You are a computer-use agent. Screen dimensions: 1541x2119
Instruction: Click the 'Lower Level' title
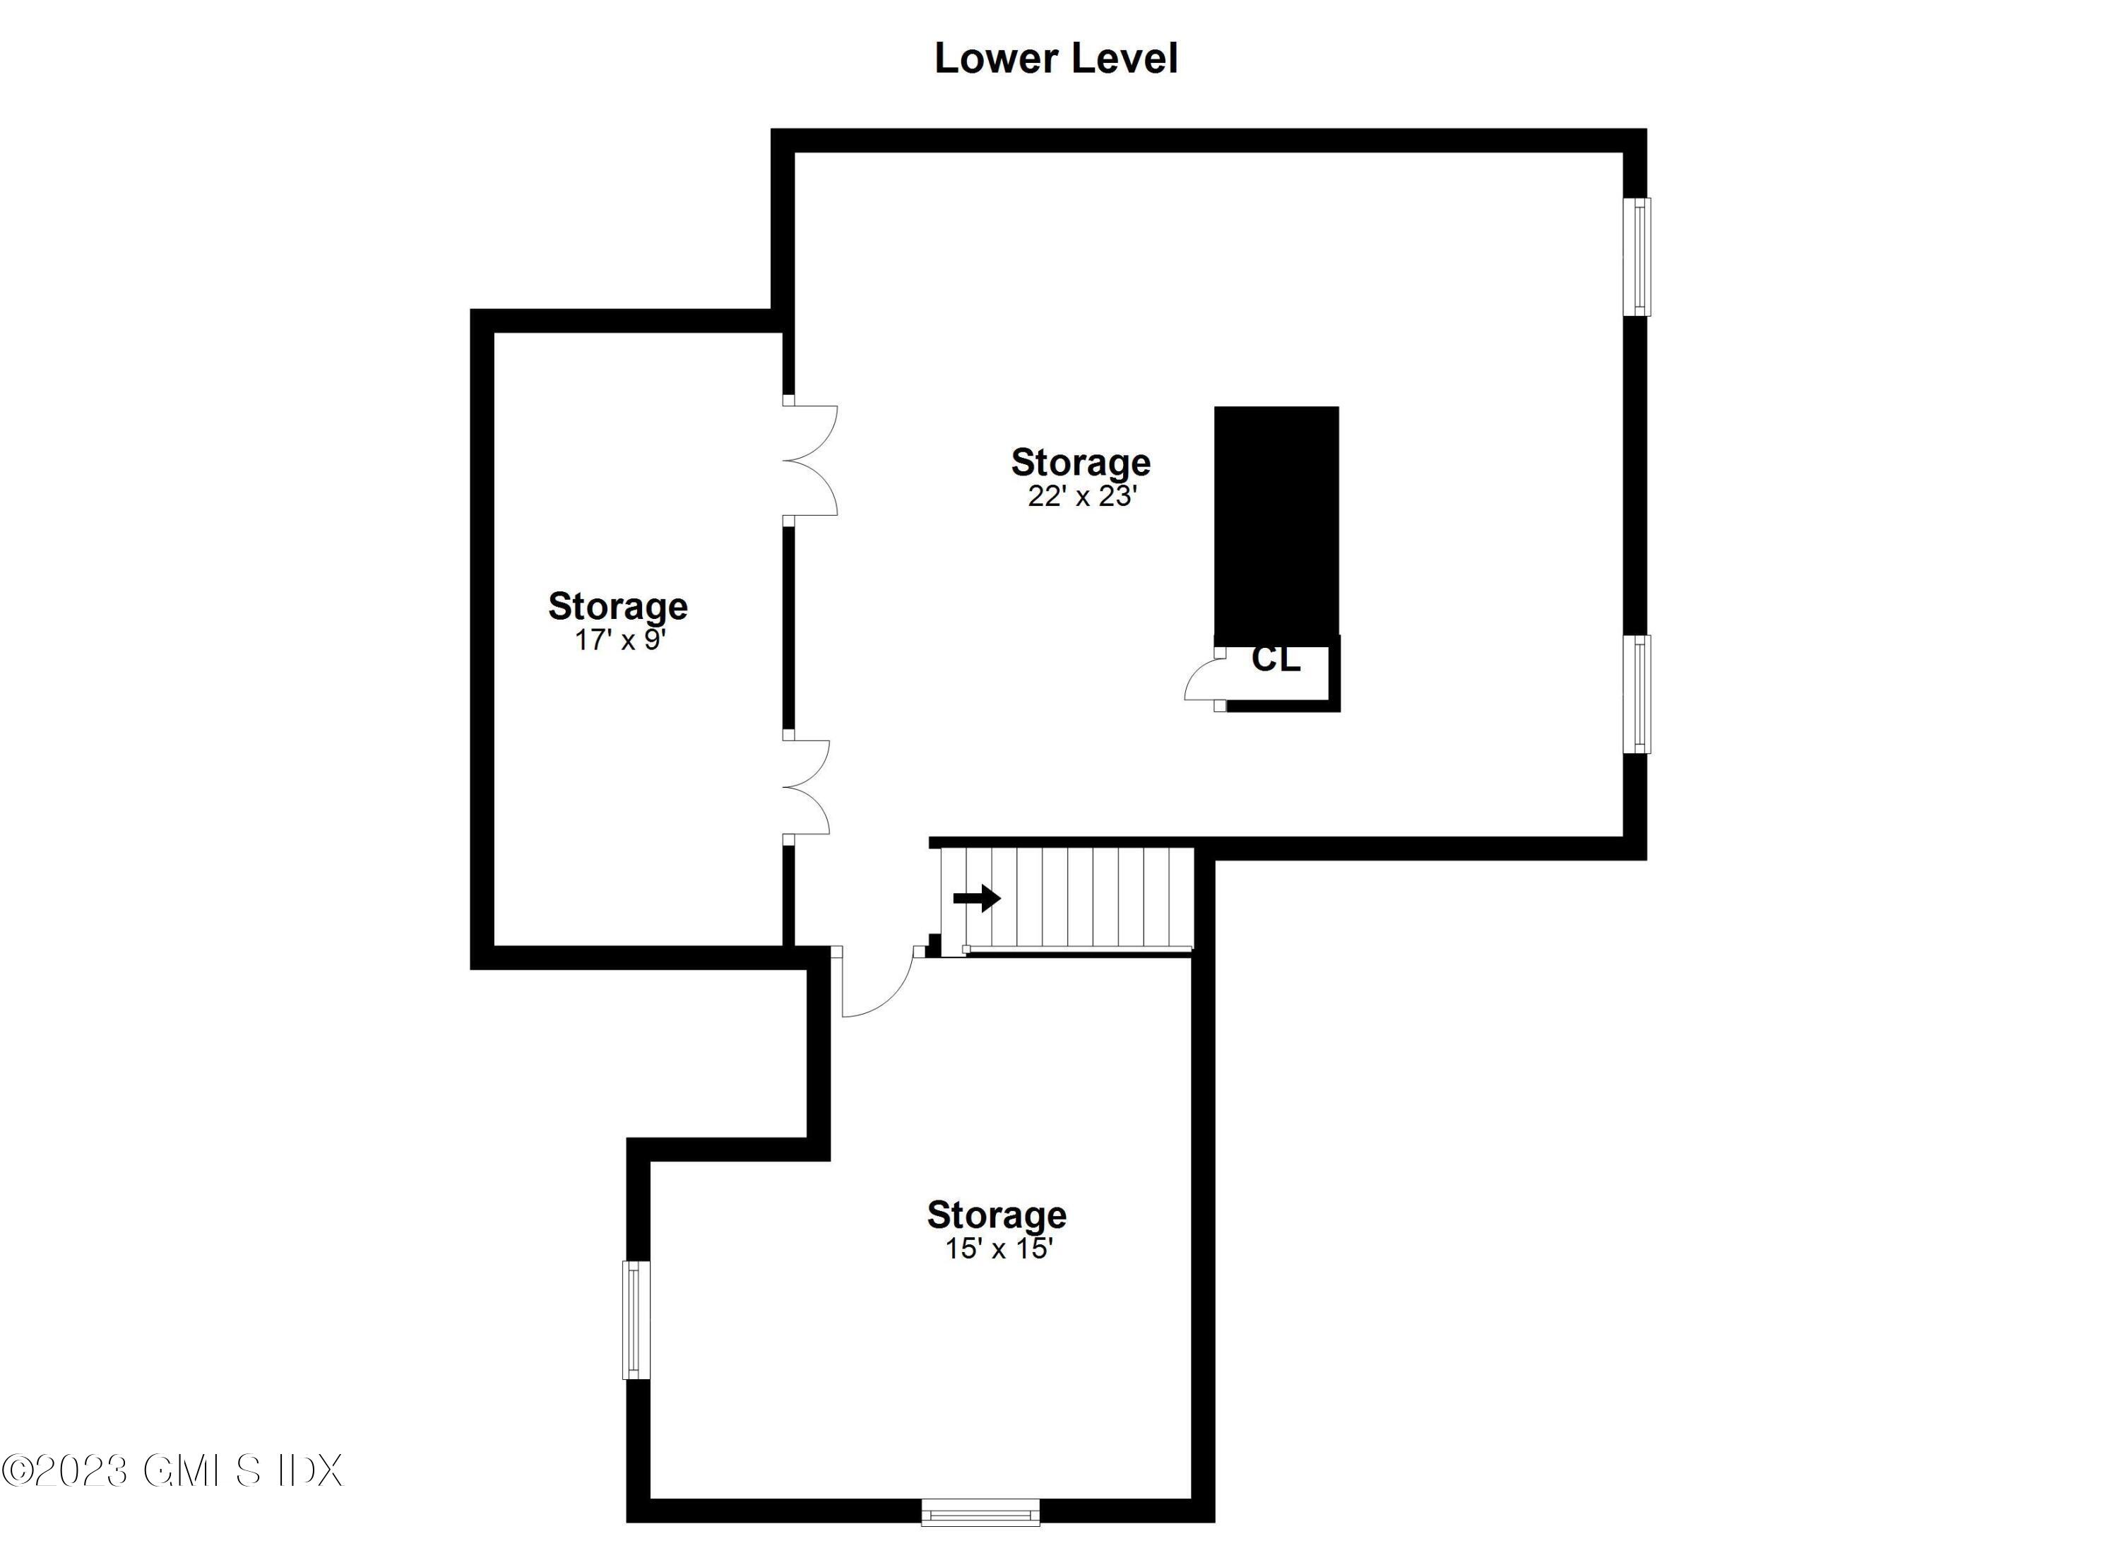coord(1056,58)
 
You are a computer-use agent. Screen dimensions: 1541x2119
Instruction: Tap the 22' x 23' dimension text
coord(1082,496)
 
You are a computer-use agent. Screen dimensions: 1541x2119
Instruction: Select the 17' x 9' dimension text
coord(619,640)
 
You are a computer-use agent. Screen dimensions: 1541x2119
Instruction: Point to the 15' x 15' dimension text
coord(999,1248)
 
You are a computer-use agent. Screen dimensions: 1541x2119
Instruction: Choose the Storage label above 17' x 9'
coord(617,606)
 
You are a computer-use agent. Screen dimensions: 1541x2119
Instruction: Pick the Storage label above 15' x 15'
coord(996,1215)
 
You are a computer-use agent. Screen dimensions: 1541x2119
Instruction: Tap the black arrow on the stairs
coord(976,899)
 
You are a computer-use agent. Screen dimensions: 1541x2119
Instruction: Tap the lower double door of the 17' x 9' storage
coord(805,787)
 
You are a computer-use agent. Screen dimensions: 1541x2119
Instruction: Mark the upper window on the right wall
coord(1637,257)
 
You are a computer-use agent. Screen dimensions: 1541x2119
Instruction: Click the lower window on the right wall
coord(1637,693)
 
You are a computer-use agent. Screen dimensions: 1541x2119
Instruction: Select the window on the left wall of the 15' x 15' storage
coord(636,1320)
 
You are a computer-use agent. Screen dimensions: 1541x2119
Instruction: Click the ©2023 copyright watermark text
coord(173,1471)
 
